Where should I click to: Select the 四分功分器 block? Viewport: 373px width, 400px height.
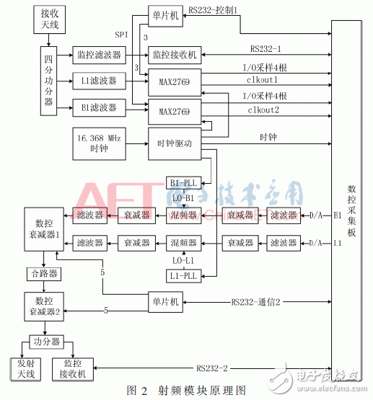49,81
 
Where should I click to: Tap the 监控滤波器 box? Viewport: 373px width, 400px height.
98,54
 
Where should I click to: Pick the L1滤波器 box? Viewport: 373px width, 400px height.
98,81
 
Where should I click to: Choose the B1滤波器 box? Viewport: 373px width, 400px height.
98,108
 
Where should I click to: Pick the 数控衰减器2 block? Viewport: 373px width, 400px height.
43,306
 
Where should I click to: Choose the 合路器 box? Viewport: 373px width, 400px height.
45,273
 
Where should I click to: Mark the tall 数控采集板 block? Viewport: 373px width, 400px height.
351,202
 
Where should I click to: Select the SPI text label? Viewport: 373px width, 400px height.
122,34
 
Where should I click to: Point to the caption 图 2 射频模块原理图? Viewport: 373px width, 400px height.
186,390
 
